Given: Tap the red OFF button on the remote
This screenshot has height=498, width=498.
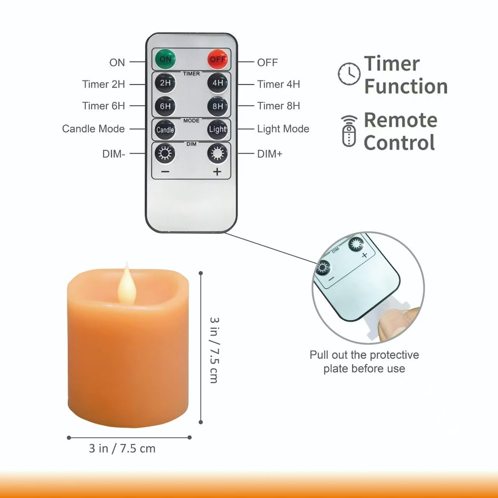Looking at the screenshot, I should [217, 59].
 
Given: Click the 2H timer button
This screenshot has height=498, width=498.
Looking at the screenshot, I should [165, 83].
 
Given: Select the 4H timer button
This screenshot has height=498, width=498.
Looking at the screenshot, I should [217, 83].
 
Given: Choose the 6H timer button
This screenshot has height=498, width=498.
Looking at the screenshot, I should [165, 106].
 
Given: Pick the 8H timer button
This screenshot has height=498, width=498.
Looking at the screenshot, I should [217, 106].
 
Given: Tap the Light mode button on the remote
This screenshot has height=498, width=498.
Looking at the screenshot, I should [217, 130].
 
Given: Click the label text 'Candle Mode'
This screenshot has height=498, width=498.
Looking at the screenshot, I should [93, 129].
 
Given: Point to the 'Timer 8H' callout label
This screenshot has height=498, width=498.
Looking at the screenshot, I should [279, 106].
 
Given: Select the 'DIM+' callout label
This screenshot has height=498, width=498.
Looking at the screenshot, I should [270, 154].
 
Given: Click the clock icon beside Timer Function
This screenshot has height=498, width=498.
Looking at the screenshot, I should [349, 74].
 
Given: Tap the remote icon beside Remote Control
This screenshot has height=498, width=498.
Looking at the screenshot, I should [349, 131].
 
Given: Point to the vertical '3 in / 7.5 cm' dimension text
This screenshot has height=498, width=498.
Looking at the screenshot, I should [214, 350].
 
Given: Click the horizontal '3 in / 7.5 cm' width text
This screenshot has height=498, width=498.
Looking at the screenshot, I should [122, 448].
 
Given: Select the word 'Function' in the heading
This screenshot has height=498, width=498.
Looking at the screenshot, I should [406, 87].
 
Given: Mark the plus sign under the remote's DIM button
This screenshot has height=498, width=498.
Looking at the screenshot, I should [217, 171].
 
